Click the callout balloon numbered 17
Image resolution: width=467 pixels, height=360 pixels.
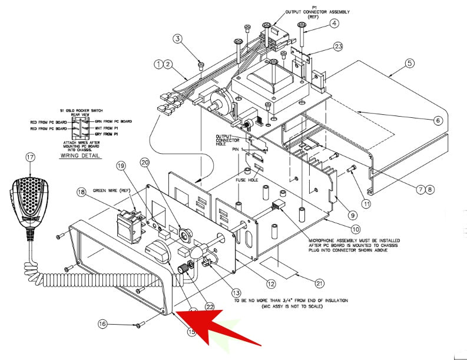point(31,157)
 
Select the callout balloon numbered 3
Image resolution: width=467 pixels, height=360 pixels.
point(178,39)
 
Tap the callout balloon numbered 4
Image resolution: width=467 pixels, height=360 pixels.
point(334,24)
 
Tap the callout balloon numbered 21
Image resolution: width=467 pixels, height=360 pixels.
point(319,283)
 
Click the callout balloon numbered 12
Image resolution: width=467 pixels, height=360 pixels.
point(270,284)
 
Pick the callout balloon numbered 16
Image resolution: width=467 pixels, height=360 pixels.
point(102,323)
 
